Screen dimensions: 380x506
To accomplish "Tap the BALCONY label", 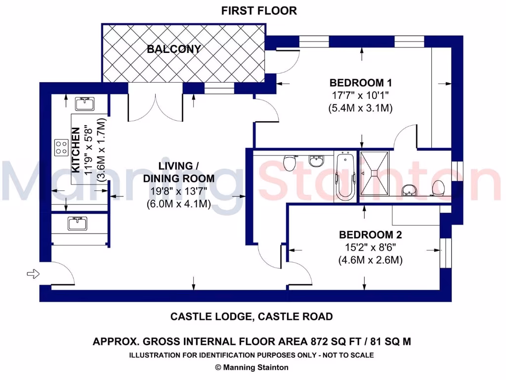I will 173,49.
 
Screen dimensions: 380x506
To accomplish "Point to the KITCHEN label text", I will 76,150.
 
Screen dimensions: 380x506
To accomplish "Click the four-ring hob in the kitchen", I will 62,147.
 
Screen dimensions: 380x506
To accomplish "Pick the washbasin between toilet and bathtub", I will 315,161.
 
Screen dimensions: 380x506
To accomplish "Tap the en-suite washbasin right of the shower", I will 408,189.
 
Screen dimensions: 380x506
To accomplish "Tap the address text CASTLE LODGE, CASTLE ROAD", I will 252,316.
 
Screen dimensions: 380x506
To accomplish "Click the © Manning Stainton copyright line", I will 252,367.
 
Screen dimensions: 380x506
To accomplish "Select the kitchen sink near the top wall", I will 82,104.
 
